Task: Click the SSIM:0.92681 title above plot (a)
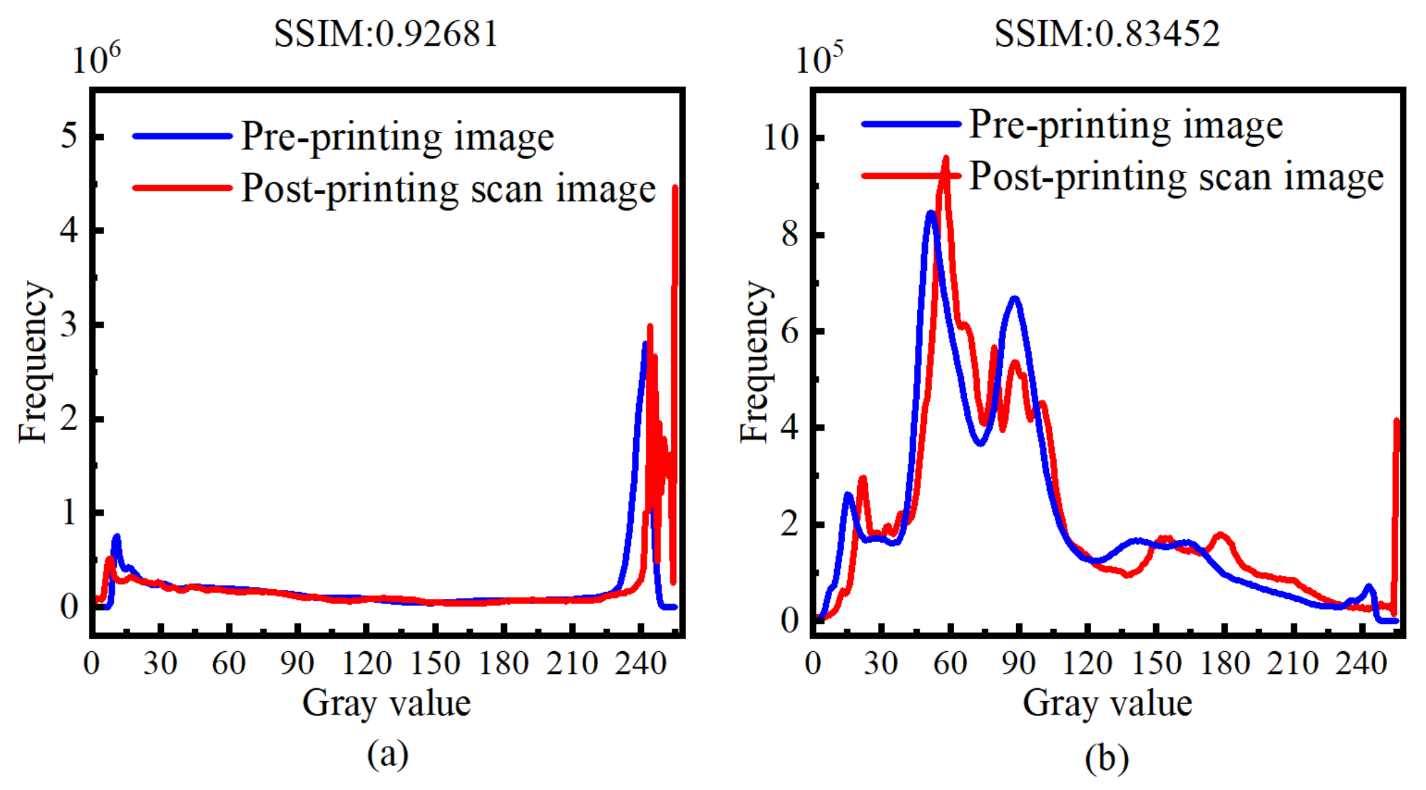385,33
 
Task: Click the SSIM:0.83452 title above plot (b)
1107,33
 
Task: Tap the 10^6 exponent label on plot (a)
96,58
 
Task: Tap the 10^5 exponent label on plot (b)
820,58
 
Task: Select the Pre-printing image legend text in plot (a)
397,137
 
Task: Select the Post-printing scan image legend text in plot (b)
1176,178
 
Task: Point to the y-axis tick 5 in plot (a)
69,136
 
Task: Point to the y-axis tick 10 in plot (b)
780,138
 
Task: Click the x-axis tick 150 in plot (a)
435,663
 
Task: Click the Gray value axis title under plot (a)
387,703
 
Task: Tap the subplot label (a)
388,754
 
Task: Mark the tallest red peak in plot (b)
945,159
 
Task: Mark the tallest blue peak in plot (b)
931,213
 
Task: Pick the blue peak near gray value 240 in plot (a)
644,344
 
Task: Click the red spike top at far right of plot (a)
675,188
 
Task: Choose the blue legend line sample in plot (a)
182,136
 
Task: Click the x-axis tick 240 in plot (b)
1362,663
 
